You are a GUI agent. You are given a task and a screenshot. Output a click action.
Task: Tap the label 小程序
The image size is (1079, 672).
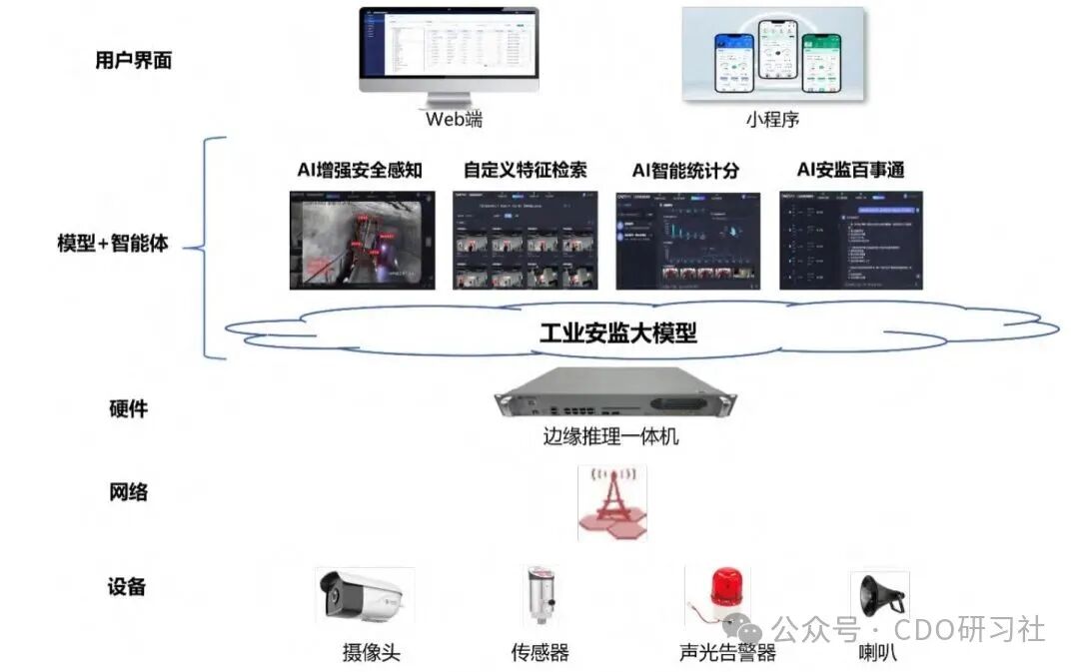(x=772, y=120)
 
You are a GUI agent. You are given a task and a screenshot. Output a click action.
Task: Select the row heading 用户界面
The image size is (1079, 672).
(x=134, y=60)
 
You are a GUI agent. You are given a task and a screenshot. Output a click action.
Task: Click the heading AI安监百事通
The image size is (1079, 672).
(x=850, y=170)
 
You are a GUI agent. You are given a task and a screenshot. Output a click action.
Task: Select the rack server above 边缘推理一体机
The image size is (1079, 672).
(x=614, y=395)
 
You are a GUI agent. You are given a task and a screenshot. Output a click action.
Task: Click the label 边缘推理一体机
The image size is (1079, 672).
(x=611, y=435)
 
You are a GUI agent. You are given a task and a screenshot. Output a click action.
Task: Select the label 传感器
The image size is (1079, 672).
(x=539, y=653)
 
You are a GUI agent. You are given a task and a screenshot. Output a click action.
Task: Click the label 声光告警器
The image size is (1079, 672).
(x=727, y=653)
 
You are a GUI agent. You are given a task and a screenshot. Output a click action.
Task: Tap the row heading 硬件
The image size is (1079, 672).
(x=128, y=408)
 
